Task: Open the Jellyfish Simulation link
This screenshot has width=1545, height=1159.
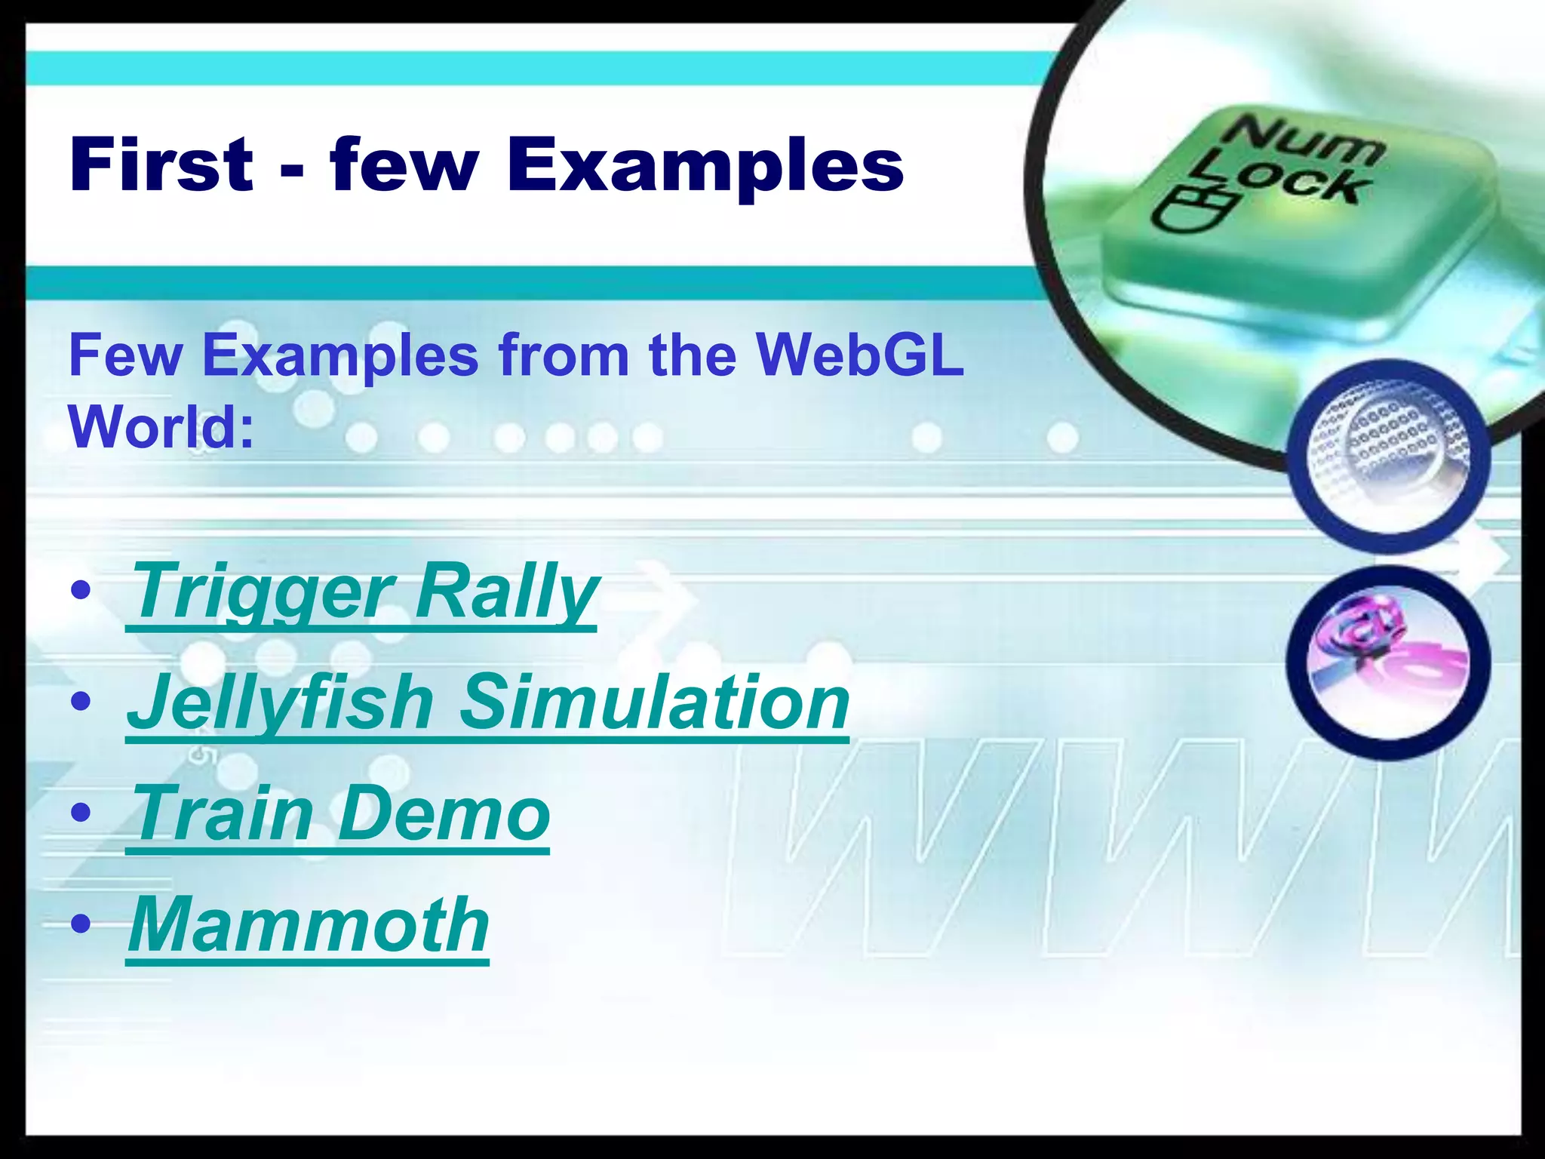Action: [487, 703]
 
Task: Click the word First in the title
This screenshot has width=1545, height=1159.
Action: [161, 165]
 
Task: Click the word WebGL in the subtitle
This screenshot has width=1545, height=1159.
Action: [860, 355]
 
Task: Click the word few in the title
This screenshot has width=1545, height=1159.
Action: [404, 165]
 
